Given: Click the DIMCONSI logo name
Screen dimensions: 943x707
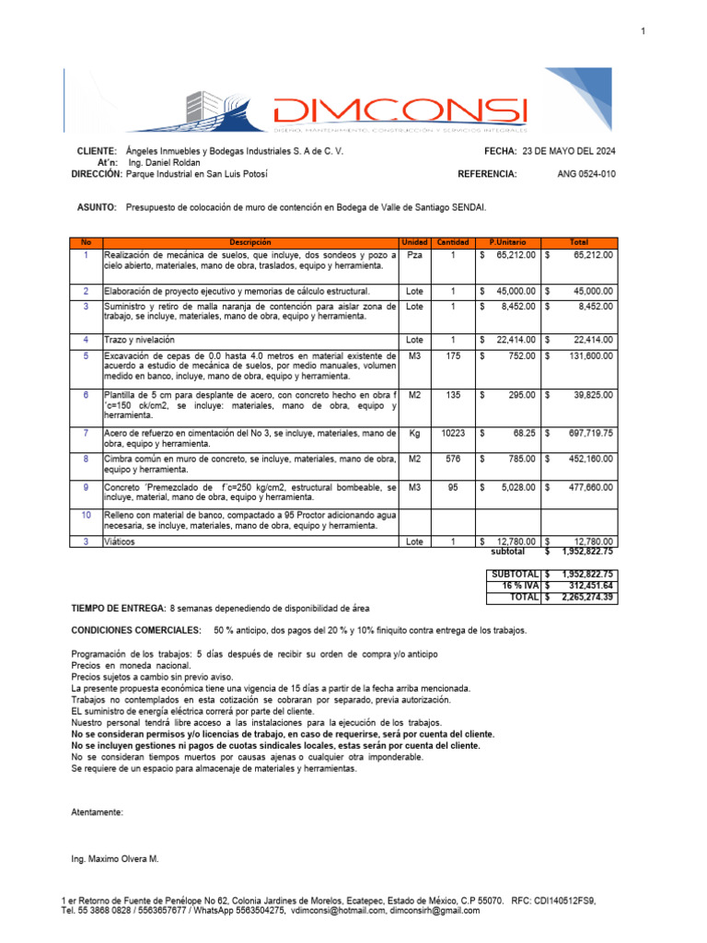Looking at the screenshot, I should tap(400, 111).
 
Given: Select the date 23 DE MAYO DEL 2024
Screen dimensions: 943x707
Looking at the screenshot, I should tap(569, 150).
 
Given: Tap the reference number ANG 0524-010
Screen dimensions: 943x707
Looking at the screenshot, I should tap(586, 173).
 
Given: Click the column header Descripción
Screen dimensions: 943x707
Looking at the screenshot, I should tap(250, 241).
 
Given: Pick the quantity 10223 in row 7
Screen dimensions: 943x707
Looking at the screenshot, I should tap(452, 432).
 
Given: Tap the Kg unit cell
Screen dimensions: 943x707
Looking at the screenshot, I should tap(414, 432).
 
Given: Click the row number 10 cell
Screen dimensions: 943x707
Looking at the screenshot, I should tap(87, 515).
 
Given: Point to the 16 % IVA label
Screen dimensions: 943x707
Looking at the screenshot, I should tap(519, 585).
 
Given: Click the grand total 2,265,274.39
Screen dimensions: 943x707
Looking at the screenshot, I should tap(586, 597).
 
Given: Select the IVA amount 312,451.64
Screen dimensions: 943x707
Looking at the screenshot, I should tap(586, 585).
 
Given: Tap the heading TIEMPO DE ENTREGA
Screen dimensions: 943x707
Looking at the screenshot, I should tap(118, 609).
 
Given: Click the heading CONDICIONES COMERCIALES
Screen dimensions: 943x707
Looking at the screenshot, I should tap(135, 630).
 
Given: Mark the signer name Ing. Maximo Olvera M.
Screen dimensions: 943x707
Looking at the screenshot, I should tap(115, 858).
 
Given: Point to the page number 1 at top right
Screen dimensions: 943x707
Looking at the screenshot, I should tap(643, 32).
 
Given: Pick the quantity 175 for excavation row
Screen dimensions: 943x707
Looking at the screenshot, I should tap(452, 355).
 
